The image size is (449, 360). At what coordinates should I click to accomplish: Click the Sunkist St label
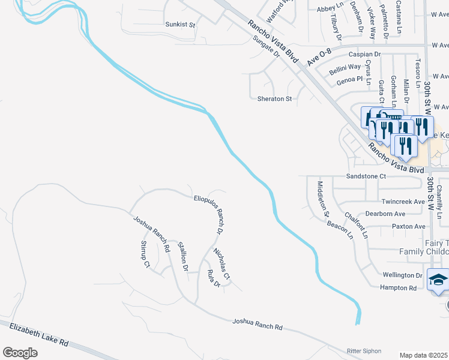click(x=181, y=25)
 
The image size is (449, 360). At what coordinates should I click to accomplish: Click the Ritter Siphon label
click(x=364, y=350)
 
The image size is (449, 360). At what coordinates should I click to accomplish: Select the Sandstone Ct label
click(x=366, y=176)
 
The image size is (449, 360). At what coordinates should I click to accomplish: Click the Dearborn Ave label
click(x=385, y=214)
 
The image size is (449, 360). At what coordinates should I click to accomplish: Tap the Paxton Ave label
click(x=408, y=226)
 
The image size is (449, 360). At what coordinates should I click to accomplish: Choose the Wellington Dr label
click(x=402, y=275)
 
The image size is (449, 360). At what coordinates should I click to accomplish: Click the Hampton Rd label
click(x=399, y=288)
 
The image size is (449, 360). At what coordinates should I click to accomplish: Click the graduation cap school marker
click(x=439, y=281)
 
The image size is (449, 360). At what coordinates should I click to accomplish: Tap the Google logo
click(x=20, y=353)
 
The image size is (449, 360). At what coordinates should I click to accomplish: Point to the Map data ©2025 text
click(x=423, y=355)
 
